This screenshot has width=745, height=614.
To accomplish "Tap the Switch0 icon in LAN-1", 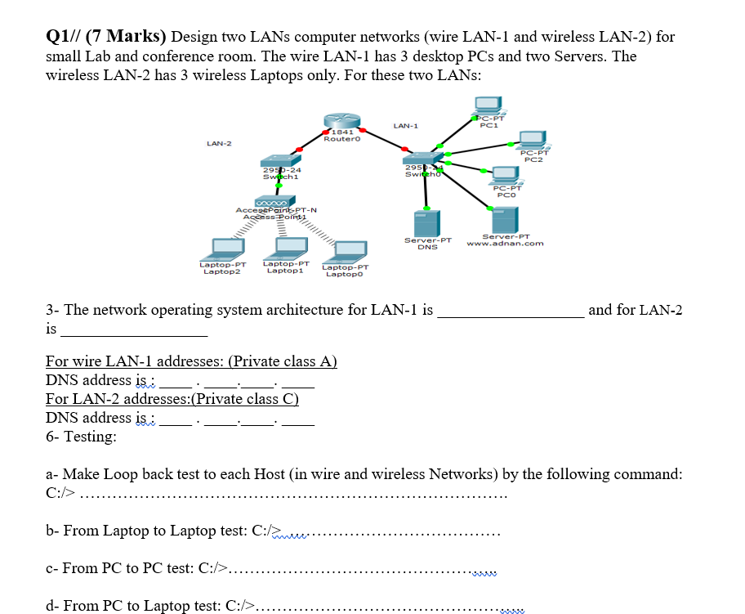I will click(x=426, y=160).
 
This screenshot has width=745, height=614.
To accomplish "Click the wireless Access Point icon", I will click(x=275, y=201).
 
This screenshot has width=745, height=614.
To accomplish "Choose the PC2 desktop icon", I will click(x=534, y=138).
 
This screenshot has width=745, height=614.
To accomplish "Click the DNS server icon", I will click(x=427, y=222).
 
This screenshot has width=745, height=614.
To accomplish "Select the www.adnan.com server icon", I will click(x=504, y=219).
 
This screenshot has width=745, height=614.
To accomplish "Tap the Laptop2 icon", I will click(x=223, y=248).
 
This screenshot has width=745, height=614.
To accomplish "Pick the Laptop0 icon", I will click(x=346, y=252).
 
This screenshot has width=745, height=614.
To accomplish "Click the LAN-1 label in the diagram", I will click(x=405, y=126).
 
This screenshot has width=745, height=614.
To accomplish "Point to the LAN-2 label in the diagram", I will click(x=219, y=144).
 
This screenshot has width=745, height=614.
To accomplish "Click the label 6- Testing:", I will click(x=81, y=437).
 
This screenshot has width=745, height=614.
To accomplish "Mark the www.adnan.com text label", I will click(x=505, y=244).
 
